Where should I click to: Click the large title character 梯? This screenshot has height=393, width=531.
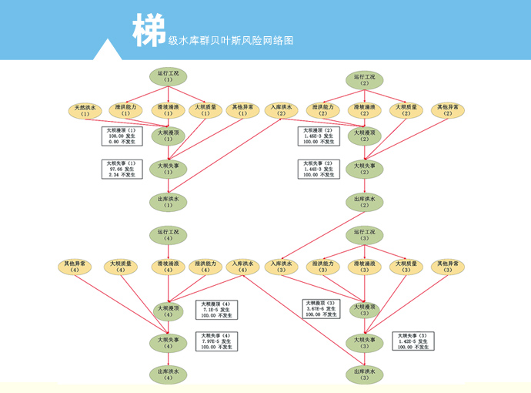(149, 30)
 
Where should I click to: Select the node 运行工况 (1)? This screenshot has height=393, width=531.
(169, 76)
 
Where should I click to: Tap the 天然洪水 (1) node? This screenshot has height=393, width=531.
(85, 110)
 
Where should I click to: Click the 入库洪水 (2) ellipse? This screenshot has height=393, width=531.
(281, 110)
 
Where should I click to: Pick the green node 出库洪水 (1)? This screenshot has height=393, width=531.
(169, 202)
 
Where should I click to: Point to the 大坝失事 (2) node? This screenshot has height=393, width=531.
(365, 169)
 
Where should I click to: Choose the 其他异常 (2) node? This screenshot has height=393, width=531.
(448, 110)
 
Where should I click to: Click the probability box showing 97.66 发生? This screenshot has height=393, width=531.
(122, 169)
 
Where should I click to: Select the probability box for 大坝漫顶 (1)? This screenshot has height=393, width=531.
(122, 136)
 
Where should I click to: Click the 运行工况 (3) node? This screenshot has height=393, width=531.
(365, 234)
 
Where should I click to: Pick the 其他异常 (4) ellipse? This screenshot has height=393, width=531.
(75, 267)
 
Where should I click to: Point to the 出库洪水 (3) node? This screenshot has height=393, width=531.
(365, 375)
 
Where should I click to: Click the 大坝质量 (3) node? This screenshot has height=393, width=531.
(406, 267)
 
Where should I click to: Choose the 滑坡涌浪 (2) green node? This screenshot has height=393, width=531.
(365, 110)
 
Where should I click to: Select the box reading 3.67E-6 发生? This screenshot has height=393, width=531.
(322, 309)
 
